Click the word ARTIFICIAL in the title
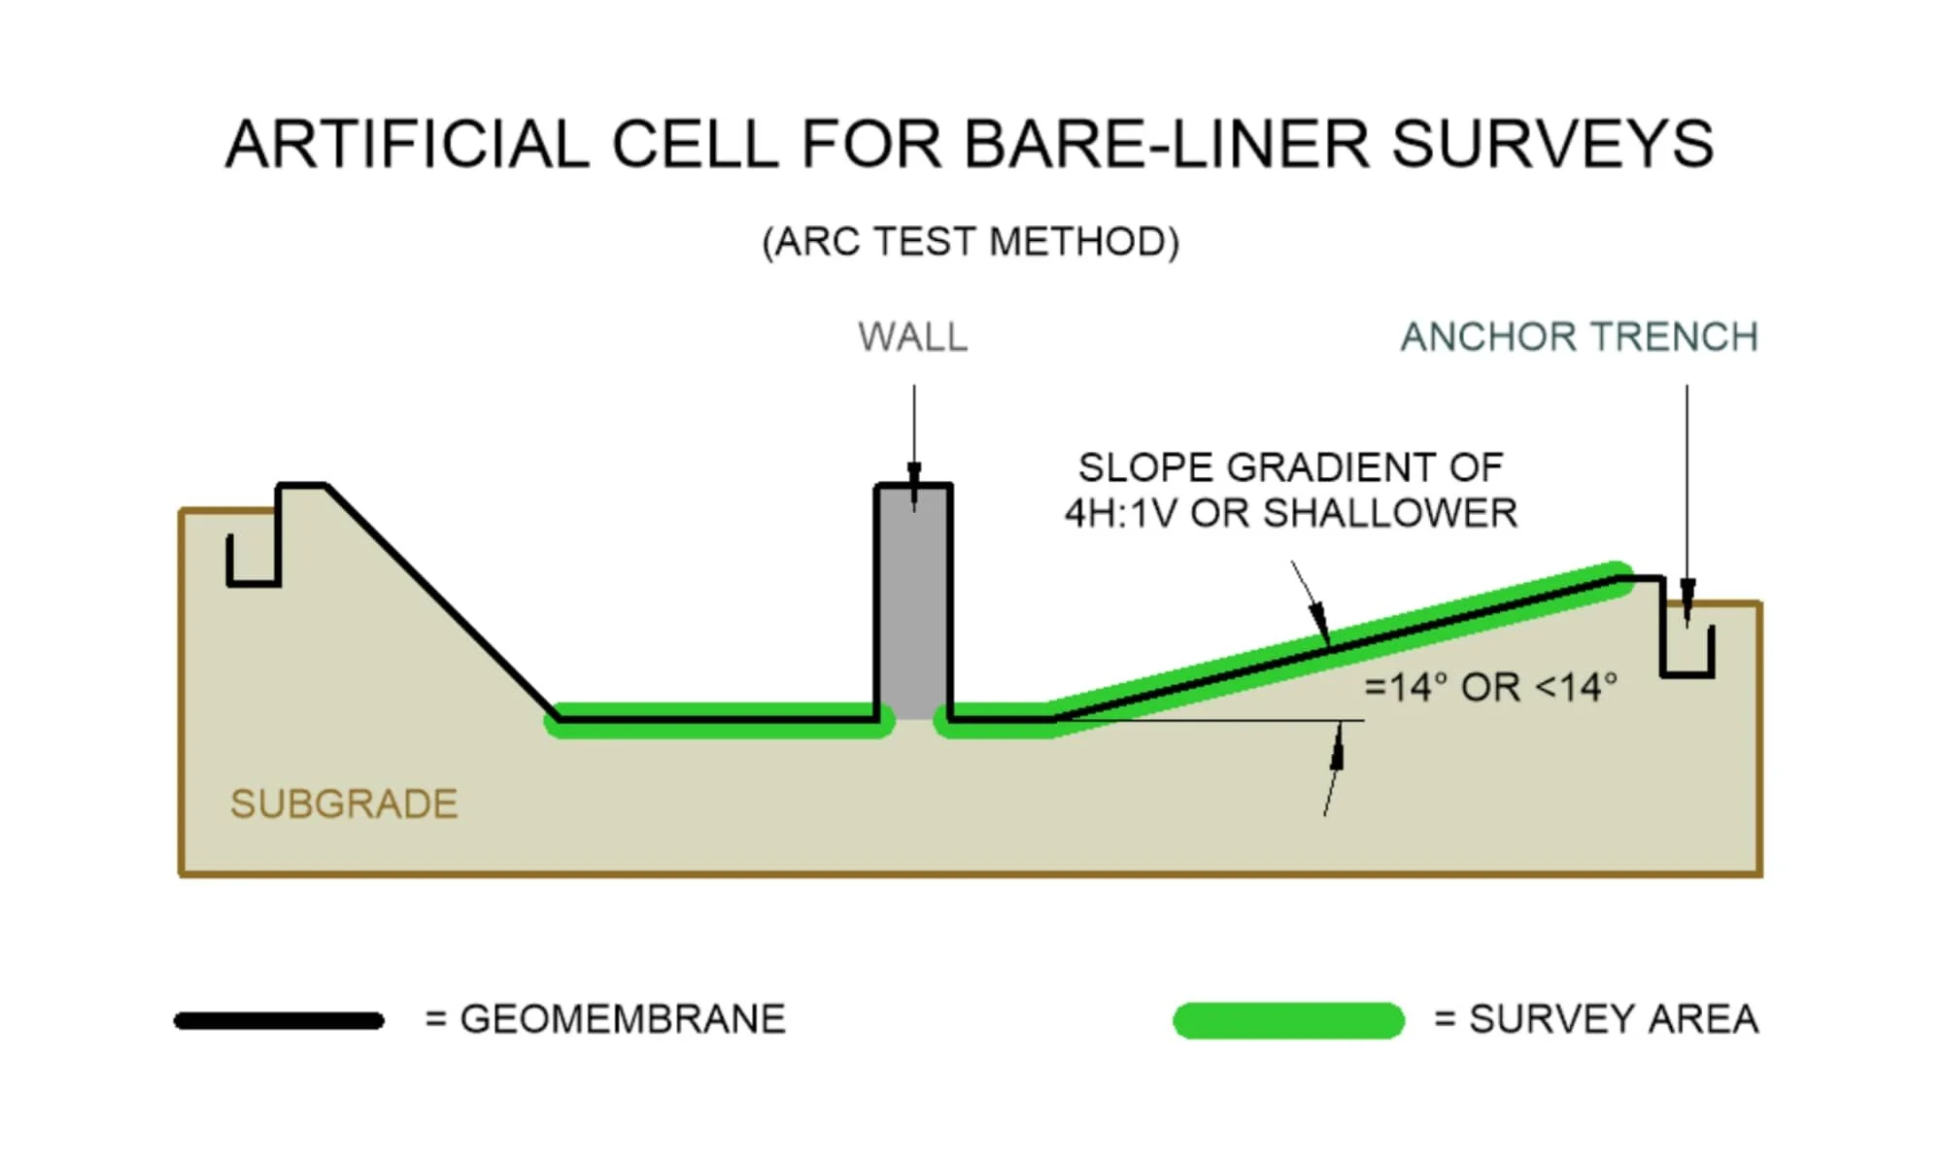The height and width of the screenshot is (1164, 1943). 407,145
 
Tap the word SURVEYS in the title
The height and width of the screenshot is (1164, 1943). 1552,145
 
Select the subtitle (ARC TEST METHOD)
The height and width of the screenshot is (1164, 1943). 971,242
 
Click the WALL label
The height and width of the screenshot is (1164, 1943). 912,337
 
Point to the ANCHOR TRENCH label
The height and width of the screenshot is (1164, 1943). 1579,337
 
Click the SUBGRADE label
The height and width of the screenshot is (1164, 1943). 344,805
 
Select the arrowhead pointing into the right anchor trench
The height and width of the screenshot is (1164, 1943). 1687,593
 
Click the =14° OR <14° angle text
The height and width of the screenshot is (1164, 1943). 1490,687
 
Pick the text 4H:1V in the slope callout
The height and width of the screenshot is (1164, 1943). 1121,513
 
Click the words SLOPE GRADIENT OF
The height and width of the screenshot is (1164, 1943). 1290,467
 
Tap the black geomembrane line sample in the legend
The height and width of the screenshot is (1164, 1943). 279,1020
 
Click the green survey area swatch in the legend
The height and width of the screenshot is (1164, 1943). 1288,1020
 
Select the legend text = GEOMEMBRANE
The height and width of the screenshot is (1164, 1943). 605,1019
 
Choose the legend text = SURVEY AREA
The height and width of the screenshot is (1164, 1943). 1596,1019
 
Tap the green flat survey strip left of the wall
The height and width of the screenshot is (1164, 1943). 719,724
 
